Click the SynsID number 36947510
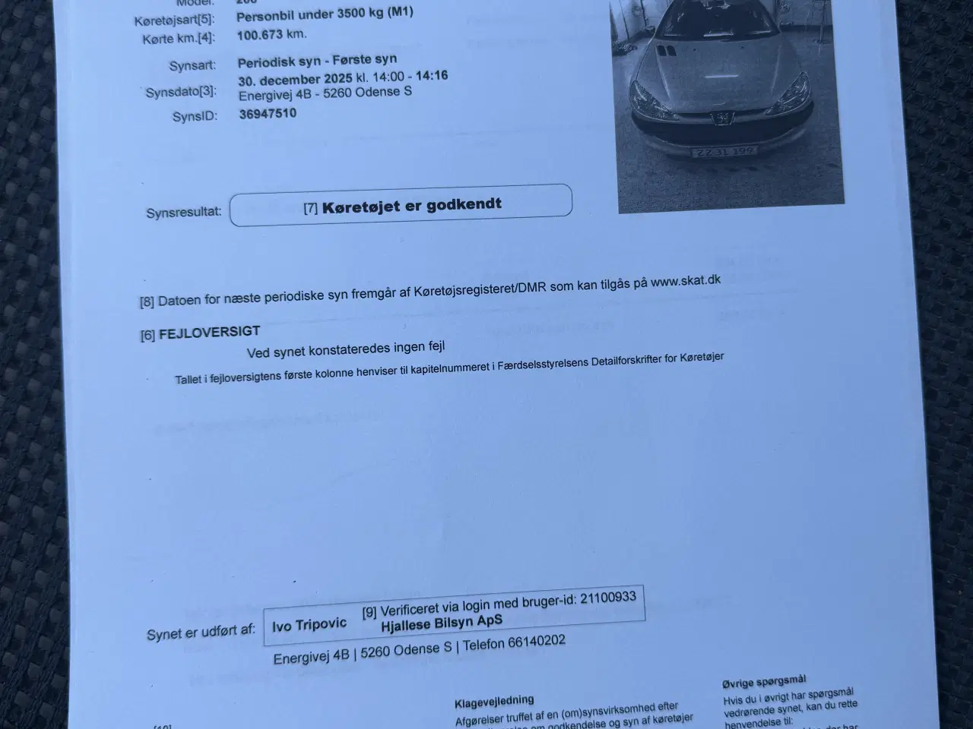coord(268,115)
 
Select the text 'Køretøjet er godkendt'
coord(411,205)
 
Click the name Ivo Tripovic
coord(309,625)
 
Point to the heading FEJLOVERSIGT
coord(209,332)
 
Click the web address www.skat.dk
coord(685,281)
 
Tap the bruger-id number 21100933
coord(607,598)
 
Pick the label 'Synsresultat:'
coord(183,213)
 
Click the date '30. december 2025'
coord(295,79)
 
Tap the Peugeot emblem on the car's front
coord(718,118)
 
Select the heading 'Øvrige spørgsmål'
coord(764,681)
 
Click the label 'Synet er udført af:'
coord(201,633)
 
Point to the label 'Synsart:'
coord(192,66)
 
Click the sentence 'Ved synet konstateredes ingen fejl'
coord(346,349)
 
